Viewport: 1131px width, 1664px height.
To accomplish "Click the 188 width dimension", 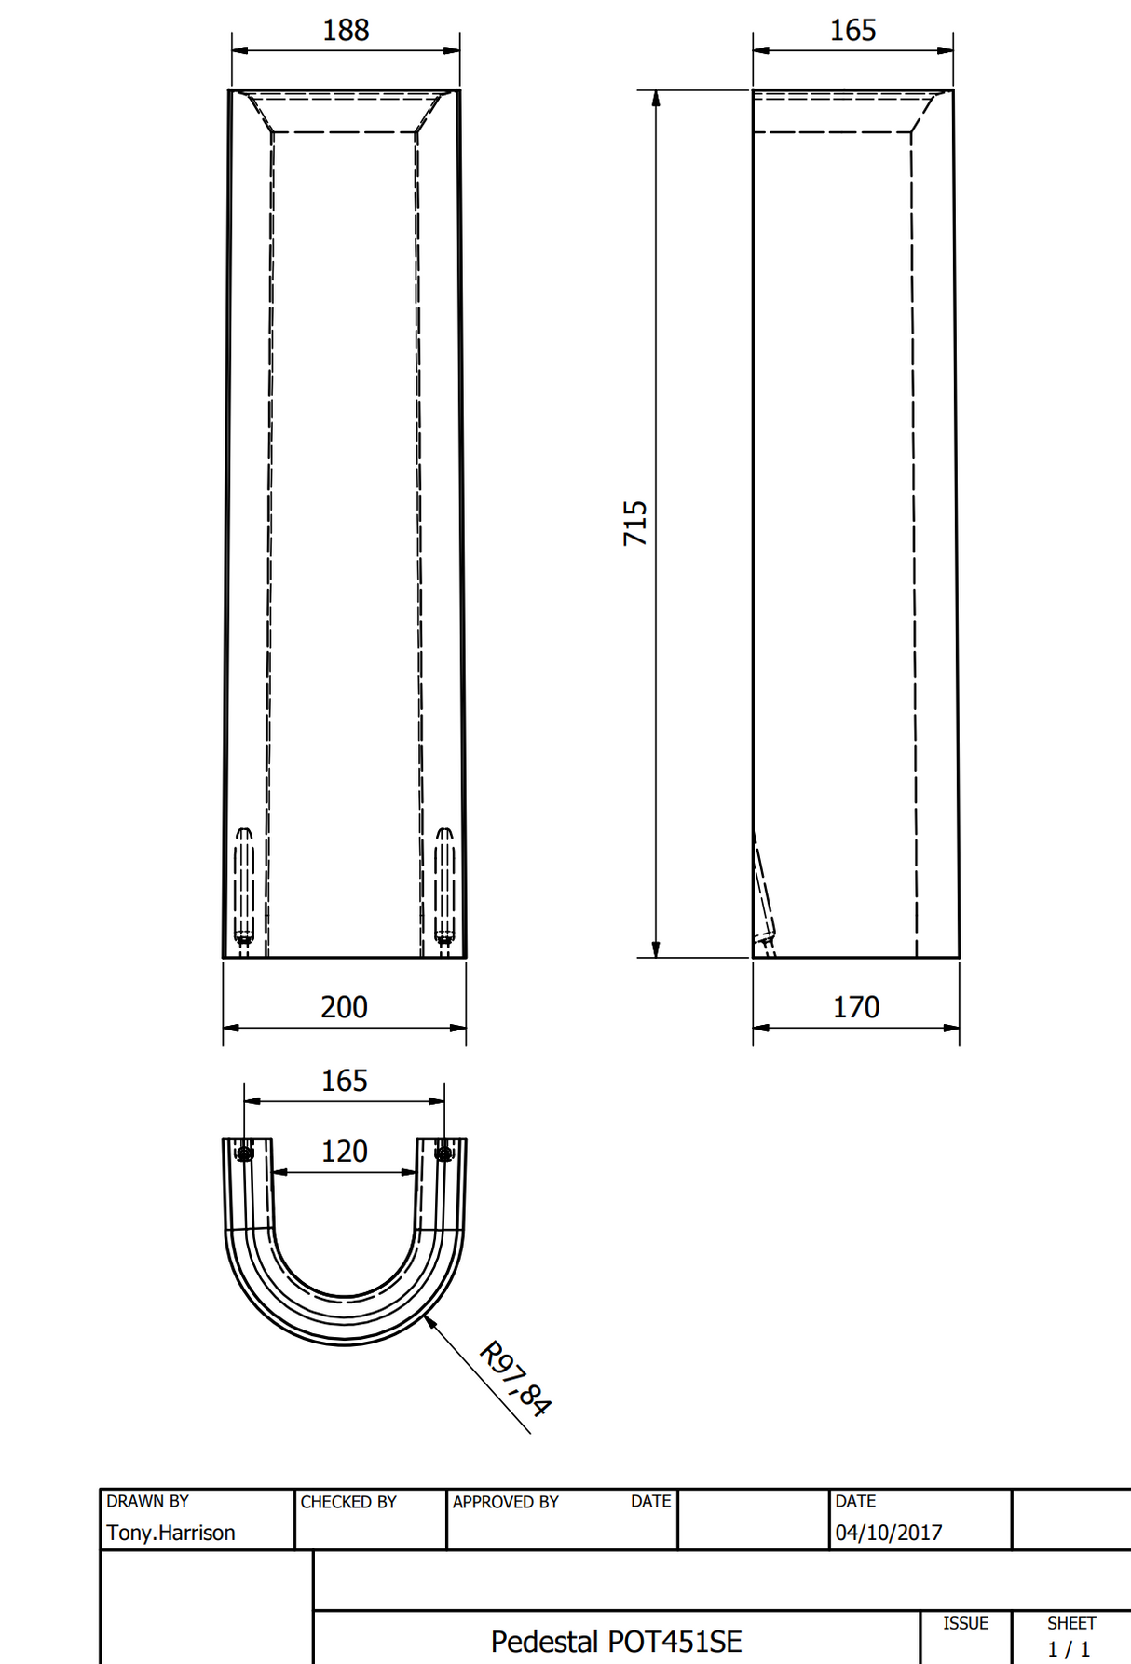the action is point(346,31).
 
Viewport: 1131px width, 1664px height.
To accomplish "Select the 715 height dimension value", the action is point(635,524).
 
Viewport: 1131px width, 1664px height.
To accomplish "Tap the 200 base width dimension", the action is point(344,1007).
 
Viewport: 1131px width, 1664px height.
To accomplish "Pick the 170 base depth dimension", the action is point(855,1007).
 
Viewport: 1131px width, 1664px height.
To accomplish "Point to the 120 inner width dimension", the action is point(344,1152).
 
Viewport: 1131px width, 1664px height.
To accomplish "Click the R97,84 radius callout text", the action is point(515,1379).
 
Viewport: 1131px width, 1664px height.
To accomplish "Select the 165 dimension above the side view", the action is point(852,31).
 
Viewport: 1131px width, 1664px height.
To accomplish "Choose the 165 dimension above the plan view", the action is point(344,1081).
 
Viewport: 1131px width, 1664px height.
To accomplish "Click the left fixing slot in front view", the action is point(243,885).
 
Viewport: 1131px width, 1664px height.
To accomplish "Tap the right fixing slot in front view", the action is point(445,885).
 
